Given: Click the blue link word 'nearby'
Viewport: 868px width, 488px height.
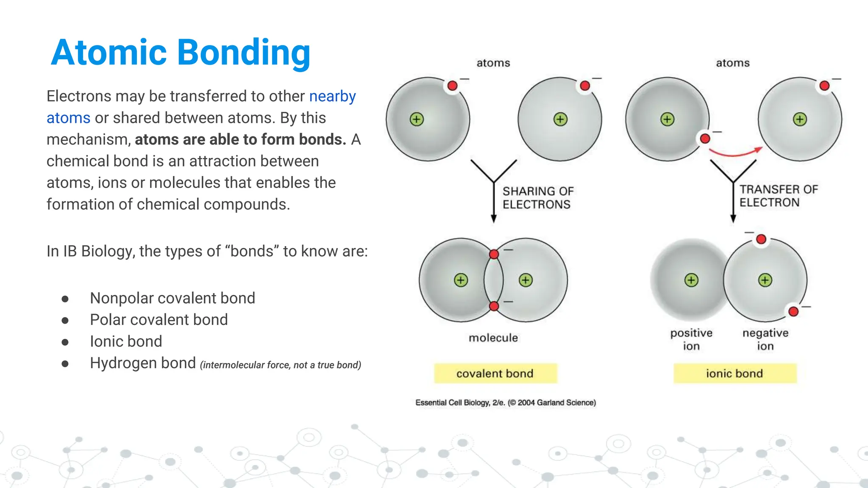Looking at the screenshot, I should (332, 96).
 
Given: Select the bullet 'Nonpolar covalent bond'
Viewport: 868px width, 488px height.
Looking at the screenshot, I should (172, 298).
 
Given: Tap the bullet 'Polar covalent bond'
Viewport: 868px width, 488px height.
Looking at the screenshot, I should (159, 320).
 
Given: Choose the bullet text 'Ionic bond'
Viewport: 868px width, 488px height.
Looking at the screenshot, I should (126, 341).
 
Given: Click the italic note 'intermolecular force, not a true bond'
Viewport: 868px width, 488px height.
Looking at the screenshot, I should (281, 365).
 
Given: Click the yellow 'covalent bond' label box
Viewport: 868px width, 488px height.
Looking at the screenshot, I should (495, 374).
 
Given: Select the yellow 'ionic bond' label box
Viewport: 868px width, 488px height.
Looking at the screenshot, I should (734, 374).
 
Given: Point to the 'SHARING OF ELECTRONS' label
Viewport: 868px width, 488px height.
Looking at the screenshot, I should (537, 198).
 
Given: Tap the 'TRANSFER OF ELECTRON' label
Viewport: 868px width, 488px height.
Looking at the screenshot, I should (778, 196).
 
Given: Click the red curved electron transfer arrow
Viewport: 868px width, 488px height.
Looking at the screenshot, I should (735, 153).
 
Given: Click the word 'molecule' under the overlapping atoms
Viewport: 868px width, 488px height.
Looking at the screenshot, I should (493, 338).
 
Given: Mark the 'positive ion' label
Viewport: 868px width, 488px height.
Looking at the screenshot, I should (691, 339).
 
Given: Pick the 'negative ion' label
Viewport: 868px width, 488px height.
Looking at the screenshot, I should (765, 339).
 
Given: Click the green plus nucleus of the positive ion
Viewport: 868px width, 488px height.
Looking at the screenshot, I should (691, 280).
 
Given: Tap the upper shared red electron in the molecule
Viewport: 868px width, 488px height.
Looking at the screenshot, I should (494, 254).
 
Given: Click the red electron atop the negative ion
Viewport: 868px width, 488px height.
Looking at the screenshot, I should (761, 239).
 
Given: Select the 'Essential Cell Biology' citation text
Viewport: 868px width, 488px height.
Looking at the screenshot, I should (505, 403).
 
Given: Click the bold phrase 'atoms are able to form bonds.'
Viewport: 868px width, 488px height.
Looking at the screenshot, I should (240, 139).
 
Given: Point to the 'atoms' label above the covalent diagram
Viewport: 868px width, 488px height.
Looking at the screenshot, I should (493, 63).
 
